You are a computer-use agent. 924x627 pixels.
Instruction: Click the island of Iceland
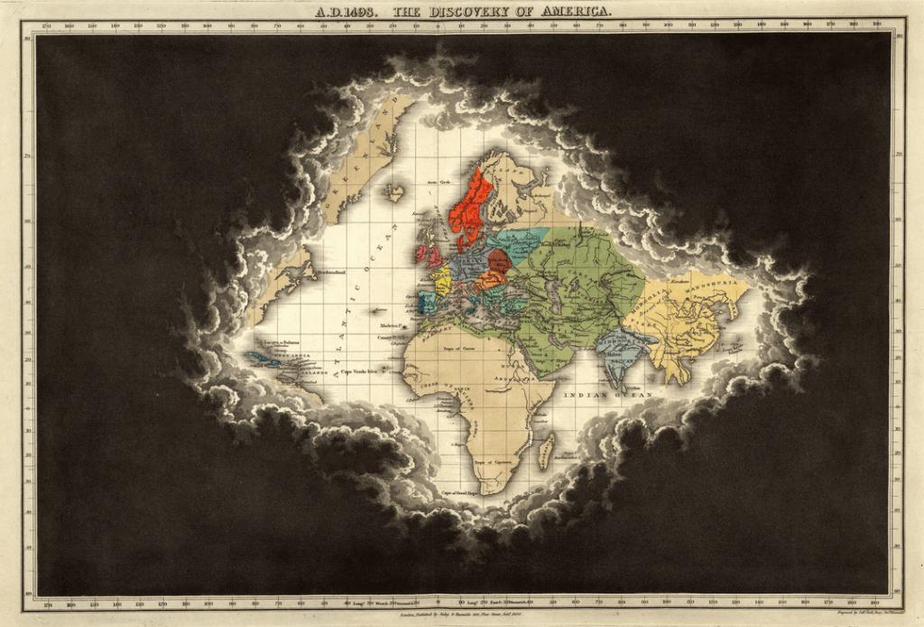[x=394, y=192]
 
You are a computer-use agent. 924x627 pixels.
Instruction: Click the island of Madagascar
[x=547, y=449]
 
